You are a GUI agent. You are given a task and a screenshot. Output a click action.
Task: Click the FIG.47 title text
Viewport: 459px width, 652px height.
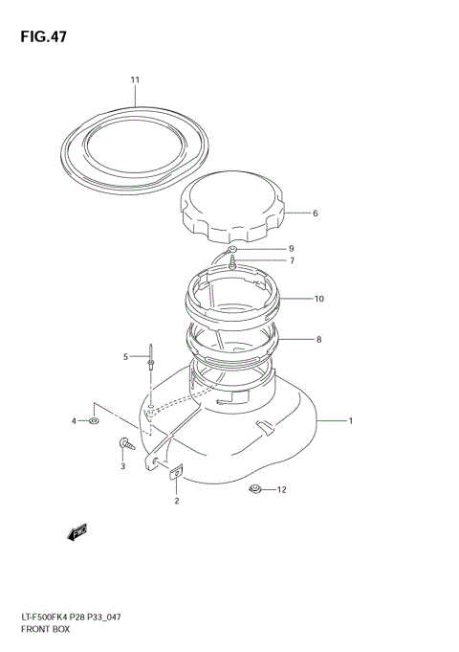pos(43,36)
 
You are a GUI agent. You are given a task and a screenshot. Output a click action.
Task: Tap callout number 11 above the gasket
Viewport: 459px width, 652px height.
pos(135,79)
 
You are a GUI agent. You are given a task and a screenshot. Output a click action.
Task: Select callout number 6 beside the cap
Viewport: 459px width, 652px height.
pos(316,214)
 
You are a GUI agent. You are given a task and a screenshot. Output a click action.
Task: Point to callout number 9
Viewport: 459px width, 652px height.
pos(292,249)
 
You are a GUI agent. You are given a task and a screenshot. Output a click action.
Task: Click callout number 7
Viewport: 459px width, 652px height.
pos(292,260)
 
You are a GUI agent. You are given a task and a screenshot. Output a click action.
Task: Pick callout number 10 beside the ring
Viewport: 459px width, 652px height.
pos(319,299)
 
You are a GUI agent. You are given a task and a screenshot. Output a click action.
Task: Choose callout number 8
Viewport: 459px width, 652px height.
pos(319,339)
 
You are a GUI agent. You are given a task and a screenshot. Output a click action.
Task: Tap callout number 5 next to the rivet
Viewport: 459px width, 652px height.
pos(125,357)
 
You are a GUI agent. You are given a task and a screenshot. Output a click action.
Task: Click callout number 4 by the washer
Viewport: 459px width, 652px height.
pos(74,421)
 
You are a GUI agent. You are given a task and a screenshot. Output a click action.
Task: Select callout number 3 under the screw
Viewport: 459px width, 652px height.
pos(123,466)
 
